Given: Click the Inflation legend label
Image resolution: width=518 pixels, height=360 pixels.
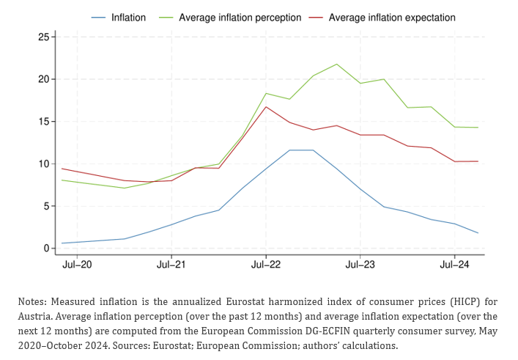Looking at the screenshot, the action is pyautogui.click(x=128, y=18).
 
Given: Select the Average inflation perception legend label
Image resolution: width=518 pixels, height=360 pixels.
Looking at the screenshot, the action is pyautogui.click(x=240, y=18).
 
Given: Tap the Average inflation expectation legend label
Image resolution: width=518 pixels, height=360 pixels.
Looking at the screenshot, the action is pyautogui.click(x=392, y=18).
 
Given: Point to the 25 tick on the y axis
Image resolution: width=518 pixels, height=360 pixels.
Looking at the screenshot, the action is pyautogui.click(x=44, y=37).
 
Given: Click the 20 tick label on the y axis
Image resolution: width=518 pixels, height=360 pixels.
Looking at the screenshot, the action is pyautogui.click(x=44, y=79).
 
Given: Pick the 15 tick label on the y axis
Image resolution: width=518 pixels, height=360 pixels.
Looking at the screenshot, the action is pyautogui.click(x=44, y=122).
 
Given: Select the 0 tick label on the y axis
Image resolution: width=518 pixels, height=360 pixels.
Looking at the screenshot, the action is pyautogui.click(x=46, y=249).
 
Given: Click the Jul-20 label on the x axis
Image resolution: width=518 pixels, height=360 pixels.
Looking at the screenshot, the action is pyautogui.click(x=77, y=265).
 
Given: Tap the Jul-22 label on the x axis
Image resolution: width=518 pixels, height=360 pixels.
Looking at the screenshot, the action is pyautogui.click(x=266, y=265).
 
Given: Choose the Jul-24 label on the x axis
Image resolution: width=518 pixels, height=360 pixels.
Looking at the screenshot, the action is pyautogui.click(x=454, y=265).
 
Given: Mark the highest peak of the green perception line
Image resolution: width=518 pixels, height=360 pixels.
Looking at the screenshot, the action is pyautogui.click(x=336, y=64).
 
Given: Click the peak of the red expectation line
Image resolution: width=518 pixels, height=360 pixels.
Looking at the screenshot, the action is pyautogui.click(x=266, y=107).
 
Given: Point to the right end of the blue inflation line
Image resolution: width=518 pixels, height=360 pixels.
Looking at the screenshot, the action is pyautogui.click(x=478, y=233).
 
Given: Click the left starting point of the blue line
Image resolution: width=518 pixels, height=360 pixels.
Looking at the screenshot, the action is pyautogui.click(x=62, y=243).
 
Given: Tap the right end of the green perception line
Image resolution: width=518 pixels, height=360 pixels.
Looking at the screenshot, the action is pyautogui.click(x=478, y=128).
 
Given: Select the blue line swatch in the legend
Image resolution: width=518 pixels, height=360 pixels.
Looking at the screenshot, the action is pyautogui.click(x=98, y=18).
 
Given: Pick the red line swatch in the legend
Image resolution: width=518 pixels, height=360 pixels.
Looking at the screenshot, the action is pyautogui.click(x=316, y=18).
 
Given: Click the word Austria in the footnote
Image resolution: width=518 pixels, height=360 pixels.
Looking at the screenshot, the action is pyautogui.click(x=34, y=316).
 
